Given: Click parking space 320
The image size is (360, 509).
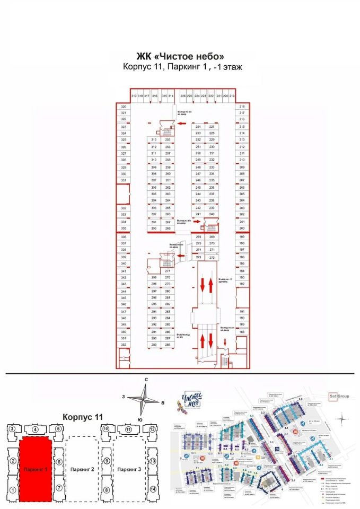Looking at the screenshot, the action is click(x=124, y=107).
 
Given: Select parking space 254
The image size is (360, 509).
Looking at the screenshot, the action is click(x=198, y=127).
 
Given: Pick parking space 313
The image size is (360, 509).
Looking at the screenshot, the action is click(x=154, y=139).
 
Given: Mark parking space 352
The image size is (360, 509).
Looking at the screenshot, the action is click(x=124, y=345).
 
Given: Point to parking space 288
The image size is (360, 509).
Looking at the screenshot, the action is click(x=168, y=345).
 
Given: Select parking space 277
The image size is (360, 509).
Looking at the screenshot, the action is click(x=168, y=271).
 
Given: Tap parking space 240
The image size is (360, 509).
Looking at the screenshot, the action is click(x=212, y=214).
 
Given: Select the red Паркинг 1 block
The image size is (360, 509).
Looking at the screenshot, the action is click(x=36, y=470).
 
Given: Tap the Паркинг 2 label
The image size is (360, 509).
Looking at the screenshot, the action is click(x=82, y=470).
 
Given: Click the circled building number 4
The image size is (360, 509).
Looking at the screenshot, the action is click(x=36, y=429).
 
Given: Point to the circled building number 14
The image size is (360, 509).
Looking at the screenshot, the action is click(x=153, y=490).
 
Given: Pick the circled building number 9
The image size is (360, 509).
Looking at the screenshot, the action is click(x=106, y=461).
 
